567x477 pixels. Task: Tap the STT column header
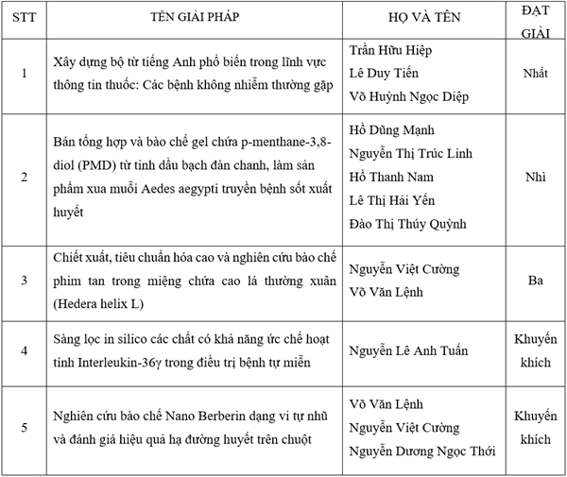(24, 20)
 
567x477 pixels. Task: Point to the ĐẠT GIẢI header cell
(535, 20)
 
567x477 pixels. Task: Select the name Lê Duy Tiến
(385, 73)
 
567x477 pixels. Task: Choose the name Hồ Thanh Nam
(389, 177)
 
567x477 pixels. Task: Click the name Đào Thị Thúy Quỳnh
(408, 224)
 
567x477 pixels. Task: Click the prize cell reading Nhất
(535, 73)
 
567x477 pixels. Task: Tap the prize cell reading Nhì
(535, 177)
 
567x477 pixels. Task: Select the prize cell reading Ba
(535, 280)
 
